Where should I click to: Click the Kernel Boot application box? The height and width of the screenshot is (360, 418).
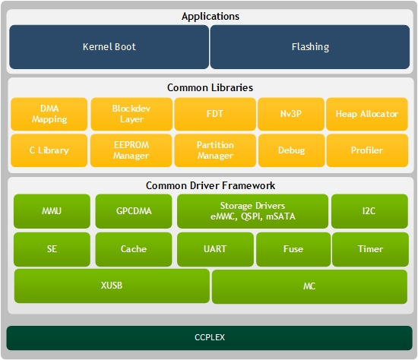(109, 47)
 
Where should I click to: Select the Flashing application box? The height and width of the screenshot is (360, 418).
(310, 47)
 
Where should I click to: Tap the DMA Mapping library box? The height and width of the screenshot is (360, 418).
(49, 114)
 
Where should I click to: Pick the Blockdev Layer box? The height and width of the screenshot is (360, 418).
(131, 114)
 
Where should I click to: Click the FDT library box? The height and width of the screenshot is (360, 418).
(215, 114)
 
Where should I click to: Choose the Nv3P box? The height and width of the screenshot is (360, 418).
(291, 114)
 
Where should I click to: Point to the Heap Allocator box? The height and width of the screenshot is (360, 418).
(367, 114)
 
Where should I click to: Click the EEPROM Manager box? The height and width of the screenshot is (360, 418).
(131, 150)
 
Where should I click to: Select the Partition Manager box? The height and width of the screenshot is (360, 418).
(215, 150)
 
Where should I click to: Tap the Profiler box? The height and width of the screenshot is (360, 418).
(367, 150)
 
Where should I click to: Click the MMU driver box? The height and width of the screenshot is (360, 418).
(52, 211)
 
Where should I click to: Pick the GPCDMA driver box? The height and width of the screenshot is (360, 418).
(134, 211)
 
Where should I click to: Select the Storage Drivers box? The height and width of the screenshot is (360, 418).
(252, 211)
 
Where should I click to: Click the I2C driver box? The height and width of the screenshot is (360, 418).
(369, 211)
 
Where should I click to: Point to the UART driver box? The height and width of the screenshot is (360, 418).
(215, 249)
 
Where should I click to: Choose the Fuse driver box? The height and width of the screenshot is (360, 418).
(293, 249)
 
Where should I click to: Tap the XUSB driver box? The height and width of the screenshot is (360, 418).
(112, 286)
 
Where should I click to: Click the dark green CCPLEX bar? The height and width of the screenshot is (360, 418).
(210, 338)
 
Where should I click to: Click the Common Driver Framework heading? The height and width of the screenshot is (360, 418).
(211, 185)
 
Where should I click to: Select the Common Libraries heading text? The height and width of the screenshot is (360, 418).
(210, 87)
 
